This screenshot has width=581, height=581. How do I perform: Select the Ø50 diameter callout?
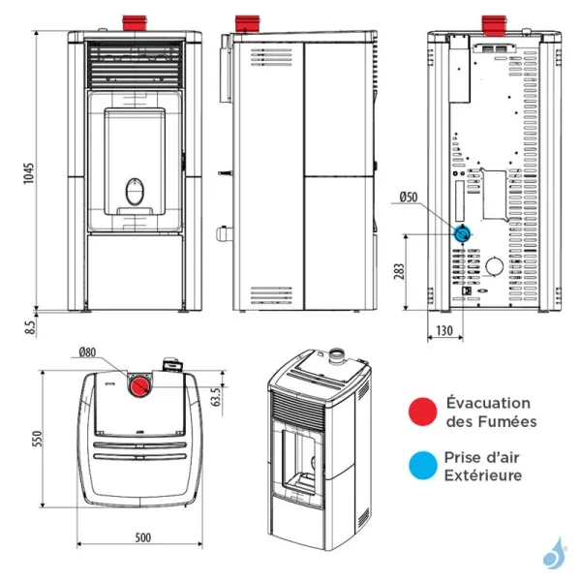click(407, 199)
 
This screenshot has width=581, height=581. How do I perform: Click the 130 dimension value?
click(444, 331)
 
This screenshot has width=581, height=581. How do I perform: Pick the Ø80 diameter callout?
click(88, 352)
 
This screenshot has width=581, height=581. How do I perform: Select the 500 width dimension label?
click(142, 537)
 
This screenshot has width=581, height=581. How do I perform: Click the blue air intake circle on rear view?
click(464, 233)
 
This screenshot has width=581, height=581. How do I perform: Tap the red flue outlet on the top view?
click(142, 386)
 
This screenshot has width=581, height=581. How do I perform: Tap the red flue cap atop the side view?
click(249, 22)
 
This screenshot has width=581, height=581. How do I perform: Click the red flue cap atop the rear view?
click(493, 22)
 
